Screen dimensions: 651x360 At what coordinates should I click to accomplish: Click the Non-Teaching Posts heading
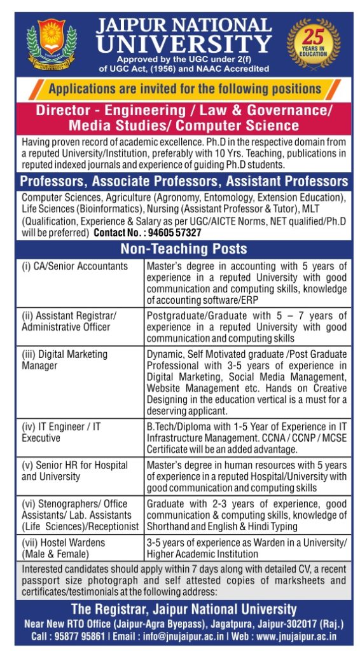[x=183, y=249]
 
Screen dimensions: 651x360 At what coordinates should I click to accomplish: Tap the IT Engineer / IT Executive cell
[x=61, y=432]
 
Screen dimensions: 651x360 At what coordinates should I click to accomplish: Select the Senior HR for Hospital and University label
[x=74, y=470]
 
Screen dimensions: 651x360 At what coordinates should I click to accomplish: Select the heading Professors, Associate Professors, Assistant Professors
[x=183, y=181]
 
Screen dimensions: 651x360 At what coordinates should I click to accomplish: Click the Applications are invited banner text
[x=184, y=88]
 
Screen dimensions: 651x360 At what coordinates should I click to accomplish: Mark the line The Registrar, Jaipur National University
[x=183, y=609]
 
